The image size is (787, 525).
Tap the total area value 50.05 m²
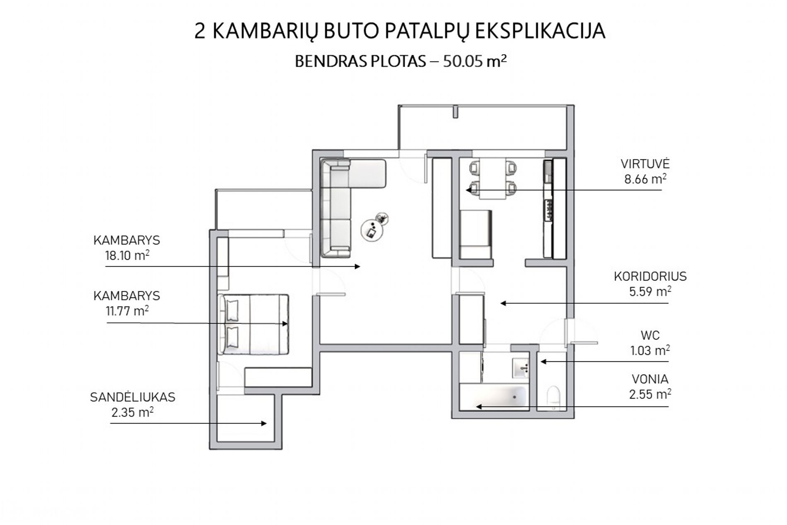coord(475,61)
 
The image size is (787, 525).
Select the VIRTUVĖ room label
coord(645,163)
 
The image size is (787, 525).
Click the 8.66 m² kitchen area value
coord(645,179)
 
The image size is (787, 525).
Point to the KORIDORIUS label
coord(650,276)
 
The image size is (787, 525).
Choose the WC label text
coord(650,335)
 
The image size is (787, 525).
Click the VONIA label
coord(650,379)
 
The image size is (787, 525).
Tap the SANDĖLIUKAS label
coord(133,397)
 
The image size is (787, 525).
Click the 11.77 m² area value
coord(127,311)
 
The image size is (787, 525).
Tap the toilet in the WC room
coord(553,397)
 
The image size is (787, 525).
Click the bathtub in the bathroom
coord(494,397)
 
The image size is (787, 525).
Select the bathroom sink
coord(520,368)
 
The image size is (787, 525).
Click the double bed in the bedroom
coord(253,324)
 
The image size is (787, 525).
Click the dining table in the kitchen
coord(493,179)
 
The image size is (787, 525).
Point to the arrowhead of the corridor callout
coord(503,303)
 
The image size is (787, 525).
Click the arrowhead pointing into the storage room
coord(263,423)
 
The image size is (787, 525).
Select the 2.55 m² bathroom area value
coord(650,394)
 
